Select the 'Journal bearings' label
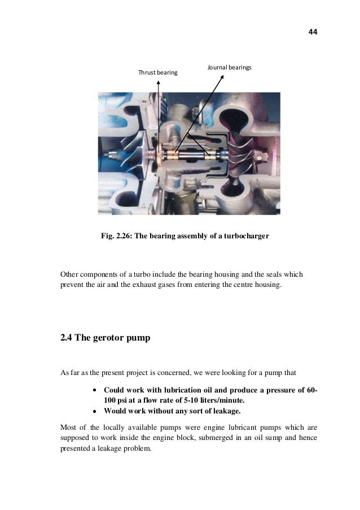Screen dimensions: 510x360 [229, 67]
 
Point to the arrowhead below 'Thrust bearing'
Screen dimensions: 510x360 [159, 81]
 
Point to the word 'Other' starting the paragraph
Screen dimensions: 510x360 [70, 275]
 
